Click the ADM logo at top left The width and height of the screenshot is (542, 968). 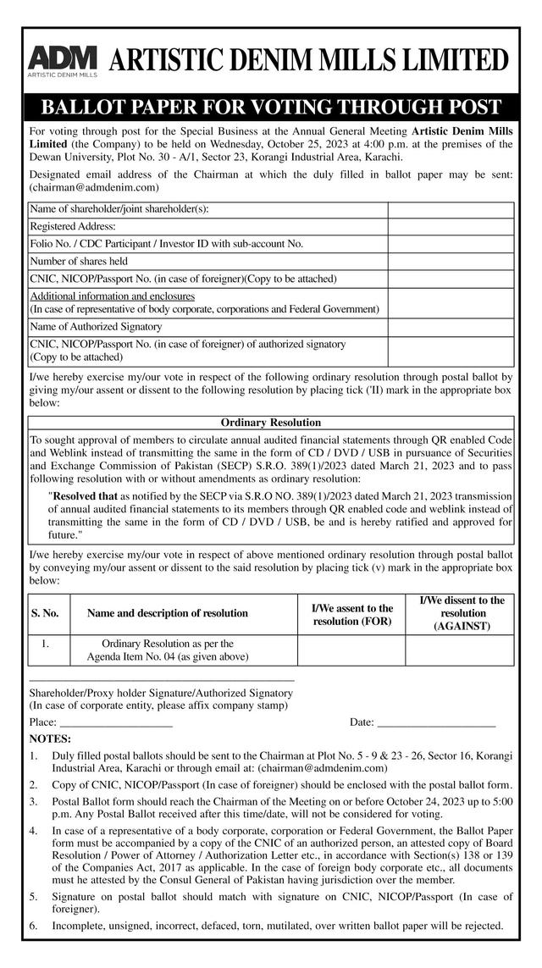63,59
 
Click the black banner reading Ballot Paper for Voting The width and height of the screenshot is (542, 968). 271,108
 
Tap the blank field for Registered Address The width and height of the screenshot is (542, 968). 451,227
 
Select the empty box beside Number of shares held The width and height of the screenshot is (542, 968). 451,262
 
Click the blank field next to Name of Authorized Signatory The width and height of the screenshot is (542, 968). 451,327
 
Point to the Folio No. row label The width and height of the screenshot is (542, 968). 167,244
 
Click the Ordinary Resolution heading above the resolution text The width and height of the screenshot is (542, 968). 271,422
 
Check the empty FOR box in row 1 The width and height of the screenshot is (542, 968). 351,650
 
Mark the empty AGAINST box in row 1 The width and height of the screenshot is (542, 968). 460,650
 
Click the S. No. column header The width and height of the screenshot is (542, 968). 45,613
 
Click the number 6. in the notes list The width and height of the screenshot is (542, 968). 34,925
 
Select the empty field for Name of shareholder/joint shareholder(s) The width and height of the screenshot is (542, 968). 451,210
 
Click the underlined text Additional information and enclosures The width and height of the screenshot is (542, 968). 113,296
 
